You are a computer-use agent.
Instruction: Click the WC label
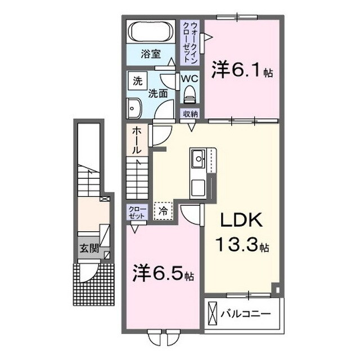coord(188,79)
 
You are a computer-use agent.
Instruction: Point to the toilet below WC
coord(188,93)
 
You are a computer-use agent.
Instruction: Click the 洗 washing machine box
coord(137,80)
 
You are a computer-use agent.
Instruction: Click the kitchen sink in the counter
coord(199,159)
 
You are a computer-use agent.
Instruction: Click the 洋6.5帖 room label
coord(160,275)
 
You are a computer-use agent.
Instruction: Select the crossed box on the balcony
coord(213,312)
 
